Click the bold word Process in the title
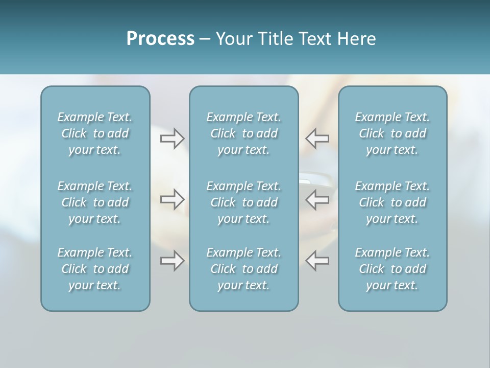click(160, 39)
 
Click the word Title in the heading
click(276, 39)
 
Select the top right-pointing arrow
click(172, 138)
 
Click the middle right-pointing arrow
click(172, 199)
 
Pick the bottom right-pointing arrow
click(172, 261)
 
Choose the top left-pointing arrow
click(317, 138)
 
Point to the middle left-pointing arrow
click(317, 199)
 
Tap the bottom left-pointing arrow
click(317, 261)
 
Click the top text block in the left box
click(95, 133)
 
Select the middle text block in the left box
click(95, 202)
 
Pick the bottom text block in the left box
click(95, 269)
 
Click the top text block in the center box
click(243, 133)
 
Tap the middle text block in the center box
click(243, 202)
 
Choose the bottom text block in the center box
click(243, 269)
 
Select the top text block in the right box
click(392, 133)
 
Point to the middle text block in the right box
click(392, 202)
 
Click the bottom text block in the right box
click(392, 269)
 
